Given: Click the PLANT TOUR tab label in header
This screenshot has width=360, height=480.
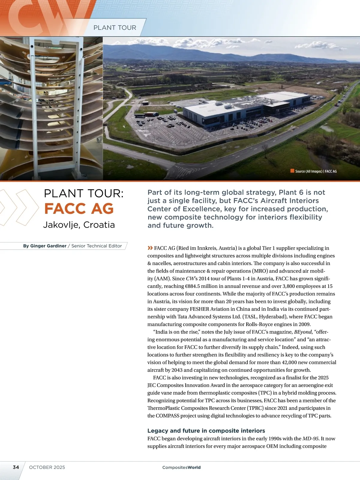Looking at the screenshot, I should [115, 28].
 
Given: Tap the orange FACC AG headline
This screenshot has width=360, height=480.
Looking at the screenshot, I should [79, 208].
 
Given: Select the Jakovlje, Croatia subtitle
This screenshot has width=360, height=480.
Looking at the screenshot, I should [79, 225].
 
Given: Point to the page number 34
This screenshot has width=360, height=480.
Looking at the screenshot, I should [16, 467].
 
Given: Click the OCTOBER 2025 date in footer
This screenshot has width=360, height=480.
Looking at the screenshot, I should [47, 467].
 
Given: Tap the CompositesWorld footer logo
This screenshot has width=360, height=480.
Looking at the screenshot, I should [181, 467].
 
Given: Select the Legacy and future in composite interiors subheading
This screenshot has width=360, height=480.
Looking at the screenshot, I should [206, 430].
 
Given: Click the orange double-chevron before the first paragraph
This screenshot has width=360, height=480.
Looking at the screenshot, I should [150, 248].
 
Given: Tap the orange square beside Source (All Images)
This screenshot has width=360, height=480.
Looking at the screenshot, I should [292, 171].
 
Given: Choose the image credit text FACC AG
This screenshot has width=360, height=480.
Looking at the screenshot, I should [331, 171].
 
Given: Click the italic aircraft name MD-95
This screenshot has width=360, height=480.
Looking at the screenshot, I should [310, 439].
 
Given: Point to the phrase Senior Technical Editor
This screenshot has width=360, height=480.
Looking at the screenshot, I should [97, 246].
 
